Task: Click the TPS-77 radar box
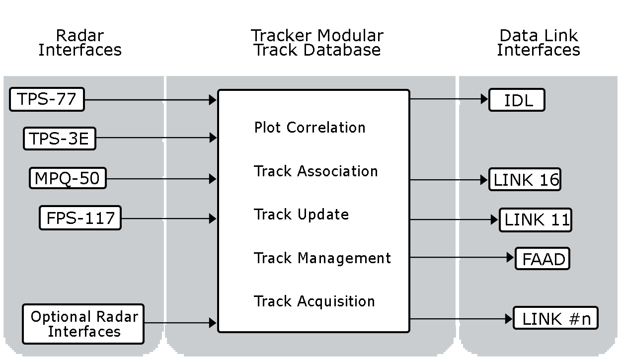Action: pos(47,99)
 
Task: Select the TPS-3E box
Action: pos(59,139)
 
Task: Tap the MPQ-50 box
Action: pos(67,178)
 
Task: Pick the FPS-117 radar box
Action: pos(80,218)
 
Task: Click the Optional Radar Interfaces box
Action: pos(83,324)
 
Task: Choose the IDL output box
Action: pos(517,100)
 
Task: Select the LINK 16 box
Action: pos(525,180)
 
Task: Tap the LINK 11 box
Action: pos(536,220)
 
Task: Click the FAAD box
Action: pos(542,259)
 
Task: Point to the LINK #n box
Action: pos(555,319)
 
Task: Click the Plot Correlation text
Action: pos(310,128)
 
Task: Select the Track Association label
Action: pos(315,171)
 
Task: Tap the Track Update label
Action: pos(301,215)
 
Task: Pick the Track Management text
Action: pos(322,258)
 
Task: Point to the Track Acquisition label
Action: pos(314,301)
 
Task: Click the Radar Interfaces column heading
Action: pos(80,43)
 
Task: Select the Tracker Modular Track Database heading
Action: pos(317,43)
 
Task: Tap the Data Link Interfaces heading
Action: pos(539,43)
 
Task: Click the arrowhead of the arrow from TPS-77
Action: pos(213,100)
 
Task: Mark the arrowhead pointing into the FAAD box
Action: pos(510,258)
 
